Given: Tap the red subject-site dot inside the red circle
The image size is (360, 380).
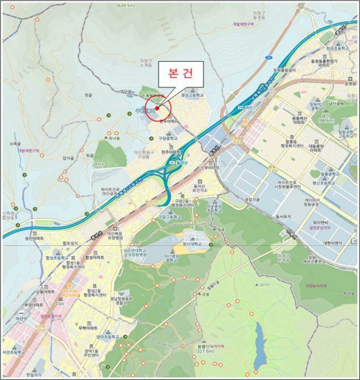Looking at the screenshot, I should tap(157, 107).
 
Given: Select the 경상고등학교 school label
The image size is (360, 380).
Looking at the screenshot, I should tap(192, 94).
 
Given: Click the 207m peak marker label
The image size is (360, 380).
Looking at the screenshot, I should tap(264, 284).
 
